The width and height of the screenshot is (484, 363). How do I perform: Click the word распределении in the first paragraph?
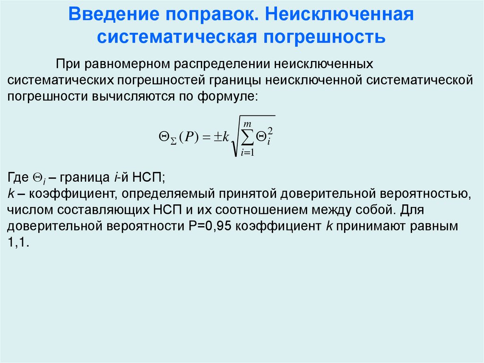(224, 63)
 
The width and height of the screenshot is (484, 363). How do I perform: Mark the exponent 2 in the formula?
(270, 129)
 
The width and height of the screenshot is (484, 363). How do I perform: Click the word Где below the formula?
(18, 178)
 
